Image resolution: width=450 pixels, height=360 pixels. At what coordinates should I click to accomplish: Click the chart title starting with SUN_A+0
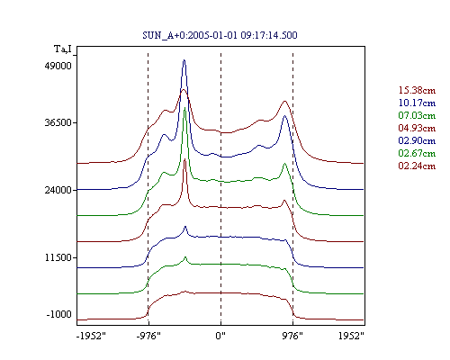point(220,35)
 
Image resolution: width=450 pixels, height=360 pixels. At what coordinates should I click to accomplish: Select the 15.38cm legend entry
point(417,90)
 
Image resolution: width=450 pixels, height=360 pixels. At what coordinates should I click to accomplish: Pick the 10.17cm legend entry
point(417,103)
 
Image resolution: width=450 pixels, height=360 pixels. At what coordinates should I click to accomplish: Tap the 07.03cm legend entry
point(417,115)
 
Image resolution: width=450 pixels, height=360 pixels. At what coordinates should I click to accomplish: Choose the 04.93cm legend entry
point(417,128)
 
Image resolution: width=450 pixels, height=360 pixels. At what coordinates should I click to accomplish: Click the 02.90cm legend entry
point(417,140)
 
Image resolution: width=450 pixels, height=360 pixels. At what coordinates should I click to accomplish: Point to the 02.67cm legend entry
point(417,153)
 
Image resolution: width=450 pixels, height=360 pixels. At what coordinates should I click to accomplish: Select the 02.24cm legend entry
point(417,166)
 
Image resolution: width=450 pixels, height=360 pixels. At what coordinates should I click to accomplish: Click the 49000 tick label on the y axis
point(58,66)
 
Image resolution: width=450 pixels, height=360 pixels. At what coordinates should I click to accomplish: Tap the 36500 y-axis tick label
point(58,122)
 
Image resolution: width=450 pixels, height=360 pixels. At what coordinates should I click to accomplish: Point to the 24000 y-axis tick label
point(58,190)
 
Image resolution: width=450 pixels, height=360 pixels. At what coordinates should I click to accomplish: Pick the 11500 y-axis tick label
point(58,257)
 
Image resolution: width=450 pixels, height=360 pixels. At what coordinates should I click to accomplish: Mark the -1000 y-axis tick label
point(59,314)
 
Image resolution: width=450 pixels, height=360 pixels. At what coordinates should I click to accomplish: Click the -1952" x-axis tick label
point(91,336)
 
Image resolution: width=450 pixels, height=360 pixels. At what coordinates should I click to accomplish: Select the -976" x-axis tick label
point(148,336)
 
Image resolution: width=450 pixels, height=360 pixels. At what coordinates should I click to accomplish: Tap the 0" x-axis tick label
point(220,336)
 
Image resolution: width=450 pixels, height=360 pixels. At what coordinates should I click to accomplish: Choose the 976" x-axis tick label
point(292,336)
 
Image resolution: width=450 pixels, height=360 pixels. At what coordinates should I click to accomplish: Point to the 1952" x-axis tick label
point(351,336)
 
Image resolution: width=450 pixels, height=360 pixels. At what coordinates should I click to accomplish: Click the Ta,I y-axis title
point(63,49)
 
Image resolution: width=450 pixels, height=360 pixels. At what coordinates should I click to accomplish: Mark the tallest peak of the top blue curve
point(184,60)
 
